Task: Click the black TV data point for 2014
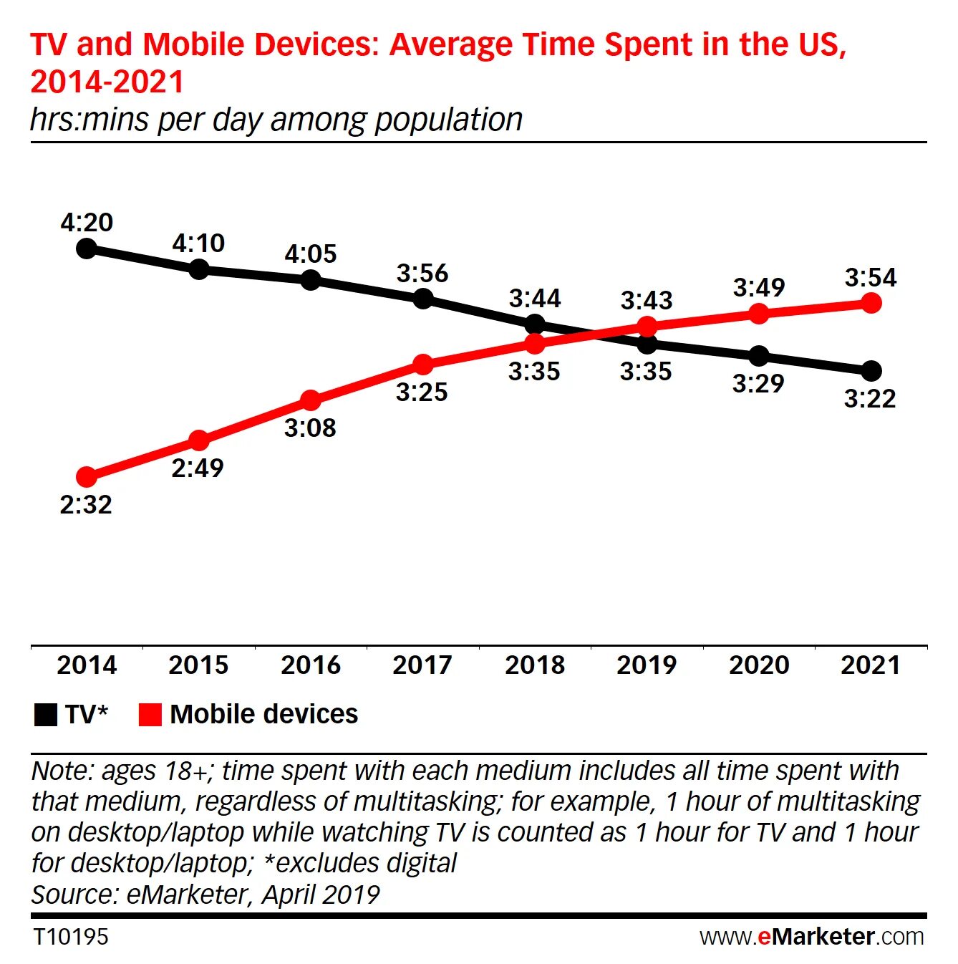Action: click(87, 249)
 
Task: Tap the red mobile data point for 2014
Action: click(87, 476)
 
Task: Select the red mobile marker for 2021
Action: click(871, 304)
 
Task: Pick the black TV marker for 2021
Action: click(871, 371)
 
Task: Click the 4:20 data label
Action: click(87, 222)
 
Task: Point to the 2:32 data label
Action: click(86, 505)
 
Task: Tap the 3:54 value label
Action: click(871, 277)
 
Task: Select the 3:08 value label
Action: click(310, 428)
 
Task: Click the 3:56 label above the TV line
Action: click(422, 273)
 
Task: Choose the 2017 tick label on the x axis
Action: click(422, 665)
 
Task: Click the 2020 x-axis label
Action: click(759, 665)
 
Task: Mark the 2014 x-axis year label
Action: click(87, 665)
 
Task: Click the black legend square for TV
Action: click(46, 715)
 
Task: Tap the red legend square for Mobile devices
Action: click(150, 715)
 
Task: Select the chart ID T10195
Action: click(70, 937)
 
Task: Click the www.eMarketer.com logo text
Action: click(812, 937)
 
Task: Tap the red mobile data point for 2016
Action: click(310, 400)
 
